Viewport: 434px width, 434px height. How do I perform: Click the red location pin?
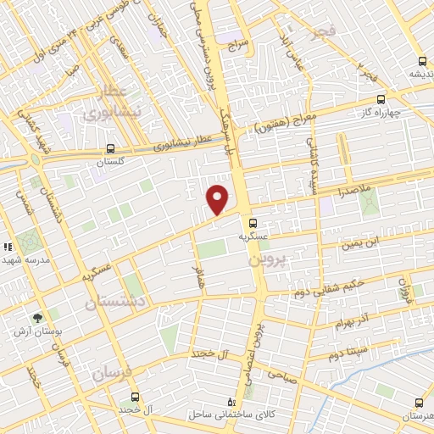coord(218,199)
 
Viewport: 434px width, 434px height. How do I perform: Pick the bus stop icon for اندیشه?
coord(422,60)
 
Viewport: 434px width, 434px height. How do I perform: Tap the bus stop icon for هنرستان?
coord(417,403)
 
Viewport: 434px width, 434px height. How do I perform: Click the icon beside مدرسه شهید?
coord(8,247)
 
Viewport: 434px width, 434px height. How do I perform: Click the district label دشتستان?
coord(120,301)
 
